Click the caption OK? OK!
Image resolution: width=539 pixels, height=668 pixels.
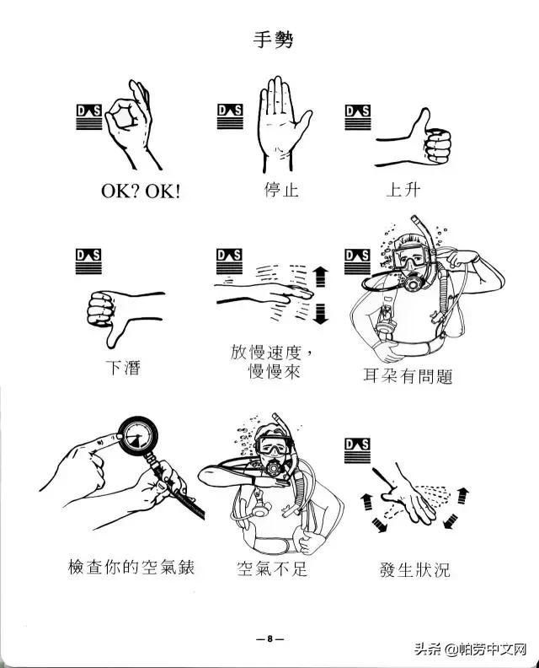141,191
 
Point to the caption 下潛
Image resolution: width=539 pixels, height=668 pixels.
123,367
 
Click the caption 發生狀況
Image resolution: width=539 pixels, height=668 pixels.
414,569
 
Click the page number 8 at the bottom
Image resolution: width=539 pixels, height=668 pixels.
269,638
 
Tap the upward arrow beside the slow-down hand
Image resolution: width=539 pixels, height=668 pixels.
319,276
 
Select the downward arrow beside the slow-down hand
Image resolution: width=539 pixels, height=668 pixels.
319,316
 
